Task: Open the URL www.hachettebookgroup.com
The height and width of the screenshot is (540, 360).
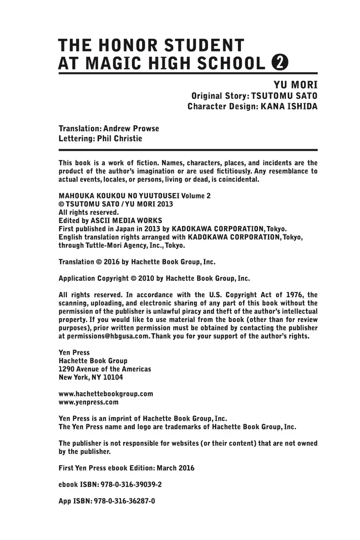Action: coord(106,394)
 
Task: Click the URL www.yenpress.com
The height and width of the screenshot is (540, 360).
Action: coord(88,402)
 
